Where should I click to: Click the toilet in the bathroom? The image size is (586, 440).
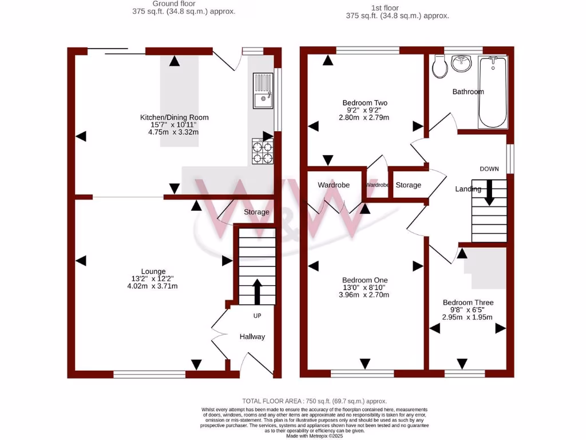(440, 67)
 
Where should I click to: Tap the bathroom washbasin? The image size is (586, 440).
(461, 63)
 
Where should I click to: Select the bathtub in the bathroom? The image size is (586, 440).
(492, 92)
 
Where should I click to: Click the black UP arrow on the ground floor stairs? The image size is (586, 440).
(256, 291)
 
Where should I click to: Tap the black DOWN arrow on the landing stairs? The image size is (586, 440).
(489, 192)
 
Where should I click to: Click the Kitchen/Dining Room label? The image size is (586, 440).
(175, 117)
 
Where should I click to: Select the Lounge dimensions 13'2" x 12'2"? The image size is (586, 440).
(154, 279)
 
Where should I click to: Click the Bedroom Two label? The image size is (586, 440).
(365, 103)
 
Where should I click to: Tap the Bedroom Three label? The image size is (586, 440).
(468, 302)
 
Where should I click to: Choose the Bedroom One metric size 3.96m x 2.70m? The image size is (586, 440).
(365, 295)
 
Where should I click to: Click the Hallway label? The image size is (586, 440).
(252, 337)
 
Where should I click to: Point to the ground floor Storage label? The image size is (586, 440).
(256, 212)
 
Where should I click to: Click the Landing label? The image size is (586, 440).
(468, 189)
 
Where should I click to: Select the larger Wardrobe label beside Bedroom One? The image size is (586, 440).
(334, 185)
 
